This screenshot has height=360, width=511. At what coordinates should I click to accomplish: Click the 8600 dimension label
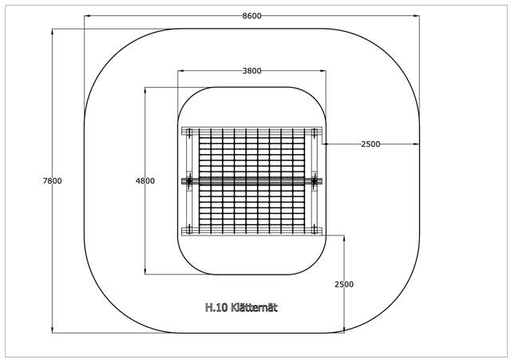(252, 16)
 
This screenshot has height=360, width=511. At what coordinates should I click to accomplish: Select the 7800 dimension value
(52, 181)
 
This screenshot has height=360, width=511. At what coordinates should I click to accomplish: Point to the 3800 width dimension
(252, 71)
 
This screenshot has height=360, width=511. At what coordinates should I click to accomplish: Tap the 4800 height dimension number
(145, 181)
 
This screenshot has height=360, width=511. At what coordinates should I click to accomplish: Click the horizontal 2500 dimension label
(370, 144)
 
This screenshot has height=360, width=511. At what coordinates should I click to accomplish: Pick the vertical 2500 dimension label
(344, 284)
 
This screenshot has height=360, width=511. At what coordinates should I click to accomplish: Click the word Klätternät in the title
(254, 307)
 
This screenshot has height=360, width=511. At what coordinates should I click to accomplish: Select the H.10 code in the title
(216, 307)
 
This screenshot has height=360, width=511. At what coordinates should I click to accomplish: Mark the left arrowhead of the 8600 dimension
(87, 16)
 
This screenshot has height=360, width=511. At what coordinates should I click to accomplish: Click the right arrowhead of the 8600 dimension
(417, 16)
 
